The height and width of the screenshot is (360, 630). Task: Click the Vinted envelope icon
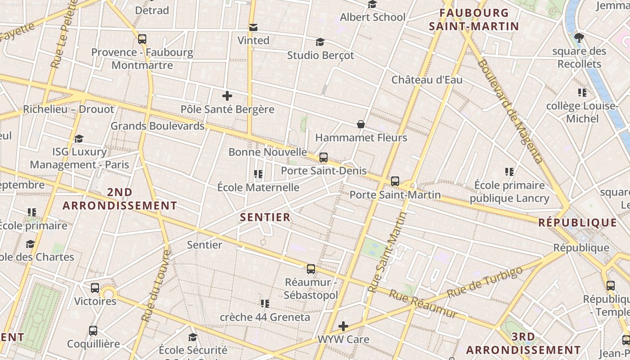pyautogui.click(x=253, y=27)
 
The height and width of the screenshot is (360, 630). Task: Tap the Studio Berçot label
pyautogui.click(x=320, y=55)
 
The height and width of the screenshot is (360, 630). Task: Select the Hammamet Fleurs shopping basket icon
pyautogui.click(x=360, y=124)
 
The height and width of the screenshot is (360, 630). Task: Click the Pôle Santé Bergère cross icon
pyautogui.click(x=227, y=96)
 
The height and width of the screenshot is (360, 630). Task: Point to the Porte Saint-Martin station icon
pyautogui.click(x=395, y=181)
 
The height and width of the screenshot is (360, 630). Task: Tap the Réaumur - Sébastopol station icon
pyautogui.click(x=311, y=269)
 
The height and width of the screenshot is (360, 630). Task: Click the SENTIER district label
pyautogui.click(x=265, y=217)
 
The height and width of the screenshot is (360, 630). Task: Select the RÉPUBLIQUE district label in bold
pyautogui.click(x=578, y=222)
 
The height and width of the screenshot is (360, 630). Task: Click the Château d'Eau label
pyautogui.click(x=427, y=80)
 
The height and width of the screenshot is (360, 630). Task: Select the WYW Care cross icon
pyautogui.click(x=343, y=326)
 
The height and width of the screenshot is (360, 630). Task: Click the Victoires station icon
pyautogui.click(x=94, y=288)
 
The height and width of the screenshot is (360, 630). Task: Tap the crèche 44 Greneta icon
pyautogui.click(x=265, y=304)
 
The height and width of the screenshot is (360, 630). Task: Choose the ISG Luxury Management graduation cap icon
pyautogui.click(x=79, y=139)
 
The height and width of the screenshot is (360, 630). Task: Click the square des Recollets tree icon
pyautogui.click(x=579, y=38)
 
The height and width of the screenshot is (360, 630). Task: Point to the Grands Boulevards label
pyautogui.click(x=157, y=126)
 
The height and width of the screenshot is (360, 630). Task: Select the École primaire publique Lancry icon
pyautogui.click(x=509, y=171)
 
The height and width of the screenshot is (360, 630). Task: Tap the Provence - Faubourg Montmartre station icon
pyautogui.click(x=142, y=39)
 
